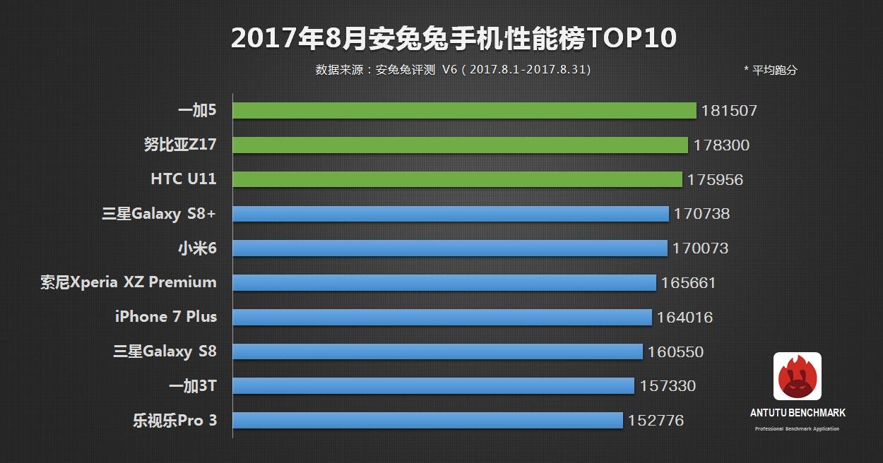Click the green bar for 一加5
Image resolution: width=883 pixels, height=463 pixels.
click(x=464, y=111)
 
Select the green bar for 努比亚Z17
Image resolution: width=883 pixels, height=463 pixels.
click(x=460, y=145)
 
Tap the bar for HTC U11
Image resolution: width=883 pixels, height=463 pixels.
click(x=457, y=179)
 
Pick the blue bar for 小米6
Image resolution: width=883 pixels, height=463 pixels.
click(x=449, y=248)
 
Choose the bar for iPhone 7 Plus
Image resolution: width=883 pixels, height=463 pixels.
click(x=441, y=318)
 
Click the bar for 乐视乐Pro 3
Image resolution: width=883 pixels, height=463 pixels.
click(x=427, y=421)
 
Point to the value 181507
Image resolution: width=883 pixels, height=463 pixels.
click(x=729, y=111)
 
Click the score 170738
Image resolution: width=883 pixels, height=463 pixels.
click(x=701, y=214)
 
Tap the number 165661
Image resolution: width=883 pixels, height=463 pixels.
click(x=689, y=283)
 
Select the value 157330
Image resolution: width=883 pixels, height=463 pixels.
click(x=668, y=386)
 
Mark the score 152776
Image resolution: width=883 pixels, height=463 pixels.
click(x=656, y=421)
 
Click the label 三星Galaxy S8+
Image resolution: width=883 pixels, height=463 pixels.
click(x=159, y=214)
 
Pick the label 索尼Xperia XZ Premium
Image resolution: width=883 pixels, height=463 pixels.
click(x=129, y=282)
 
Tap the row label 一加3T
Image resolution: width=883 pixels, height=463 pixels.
click(x=192, y=386)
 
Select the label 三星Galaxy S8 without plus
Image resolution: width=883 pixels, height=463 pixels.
click(x=165, y=351)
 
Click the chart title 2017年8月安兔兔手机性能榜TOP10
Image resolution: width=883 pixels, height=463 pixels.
click(x=454, y=38)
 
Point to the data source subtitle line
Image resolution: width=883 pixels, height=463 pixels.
click(x=453, y=70)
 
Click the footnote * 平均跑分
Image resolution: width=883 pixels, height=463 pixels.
click(x=770, y=70)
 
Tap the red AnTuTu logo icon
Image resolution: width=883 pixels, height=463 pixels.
click(x=798, y=376)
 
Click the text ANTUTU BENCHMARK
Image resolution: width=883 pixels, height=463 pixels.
click(x=798, y=413)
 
